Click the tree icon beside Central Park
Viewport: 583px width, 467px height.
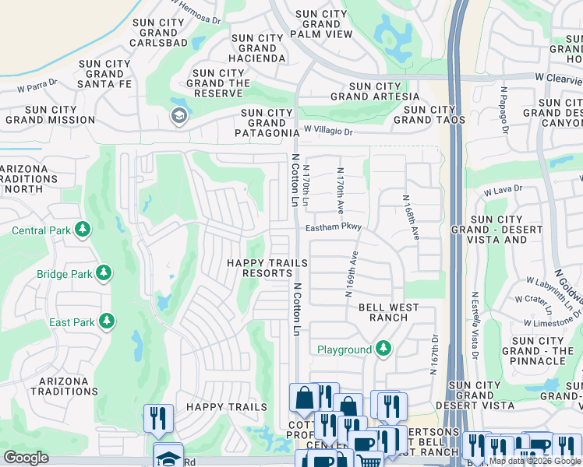click(81, 230)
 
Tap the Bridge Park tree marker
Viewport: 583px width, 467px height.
click(103, 273)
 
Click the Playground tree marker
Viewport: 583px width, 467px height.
click(383, 349)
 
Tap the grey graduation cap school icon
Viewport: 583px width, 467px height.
click(178, 116)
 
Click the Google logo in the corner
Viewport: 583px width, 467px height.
click(26, 458)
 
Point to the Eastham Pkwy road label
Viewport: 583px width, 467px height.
click(334, 228)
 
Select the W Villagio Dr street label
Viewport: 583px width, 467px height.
click(339, 132)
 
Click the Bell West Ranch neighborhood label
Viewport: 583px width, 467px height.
click(383, 312)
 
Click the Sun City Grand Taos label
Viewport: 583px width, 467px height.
click(429, 114)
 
